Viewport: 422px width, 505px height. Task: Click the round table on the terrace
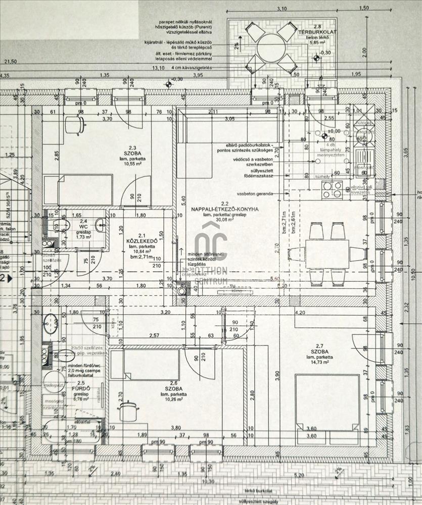coord(273,48)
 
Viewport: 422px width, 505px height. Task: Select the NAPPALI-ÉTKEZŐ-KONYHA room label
coord(225,209)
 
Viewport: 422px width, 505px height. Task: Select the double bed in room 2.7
coord(327,402)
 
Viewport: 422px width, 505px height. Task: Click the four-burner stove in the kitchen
coord(333,189)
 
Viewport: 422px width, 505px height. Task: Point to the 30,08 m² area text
coord(225,220)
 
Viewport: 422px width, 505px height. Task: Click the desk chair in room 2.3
coord(75,123)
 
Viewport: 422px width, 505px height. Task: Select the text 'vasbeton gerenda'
coord(255,193)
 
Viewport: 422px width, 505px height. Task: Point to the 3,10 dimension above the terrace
coord(282,9)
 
